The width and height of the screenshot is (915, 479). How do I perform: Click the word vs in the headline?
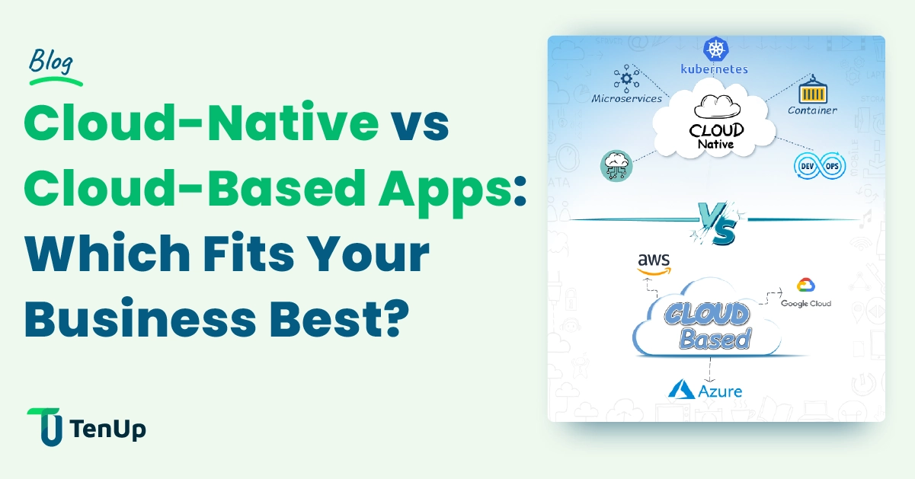(420, 124)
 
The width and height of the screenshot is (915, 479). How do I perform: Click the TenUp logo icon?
(44, 427)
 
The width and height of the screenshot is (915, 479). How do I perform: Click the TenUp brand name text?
(107, 429)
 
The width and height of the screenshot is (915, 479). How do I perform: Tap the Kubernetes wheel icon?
(715, 49)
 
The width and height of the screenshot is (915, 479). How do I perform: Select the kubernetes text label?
(714, 69)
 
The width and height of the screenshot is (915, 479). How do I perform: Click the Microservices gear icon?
(627, 78)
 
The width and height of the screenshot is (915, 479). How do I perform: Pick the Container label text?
(812, 110)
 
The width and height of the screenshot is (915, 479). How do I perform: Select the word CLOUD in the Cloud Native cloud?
(716, 129)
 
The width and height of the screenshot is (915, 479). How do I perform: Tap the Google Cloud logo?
(806, 292)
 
